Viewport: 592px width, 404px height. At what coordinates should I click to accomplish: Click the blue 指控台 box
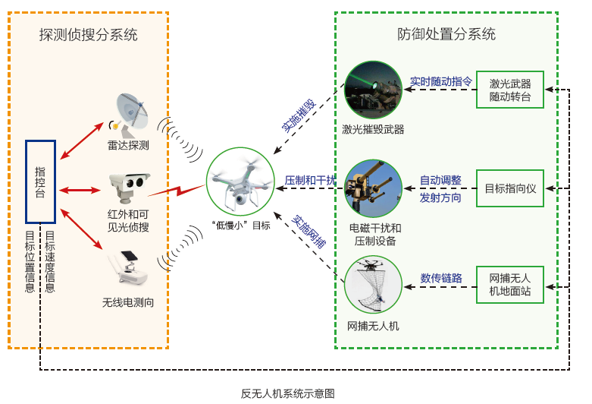40,183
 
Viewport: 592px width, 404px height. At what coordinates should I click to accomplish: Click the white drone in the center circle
240,185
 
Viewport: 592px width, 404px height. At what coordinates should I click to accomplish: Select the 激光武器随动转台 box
510,90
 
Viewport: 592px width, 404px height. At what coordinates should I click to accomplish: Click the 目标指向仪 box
510,188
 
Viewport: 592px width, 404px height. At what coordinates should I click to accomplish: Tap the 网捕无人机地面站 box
510,284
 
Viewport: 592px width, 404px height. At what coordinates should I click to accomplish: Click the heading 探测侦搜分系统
89,35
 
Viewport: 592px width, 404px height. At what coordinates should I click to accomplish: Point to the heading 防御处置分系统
446,34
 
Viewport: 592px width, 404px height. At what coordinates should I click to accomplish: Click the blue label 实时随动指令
440,80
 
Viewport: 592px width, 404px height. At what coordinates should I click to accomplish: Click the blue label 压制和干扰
309,180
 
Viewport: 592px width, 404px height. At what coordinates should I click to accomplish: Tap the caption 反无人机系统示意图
287,393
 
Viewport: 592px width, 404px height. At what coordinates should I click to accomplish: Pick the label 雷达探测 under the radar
128,144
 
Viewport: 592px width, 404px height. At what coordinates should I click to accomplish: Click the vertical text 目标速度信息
50,261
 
